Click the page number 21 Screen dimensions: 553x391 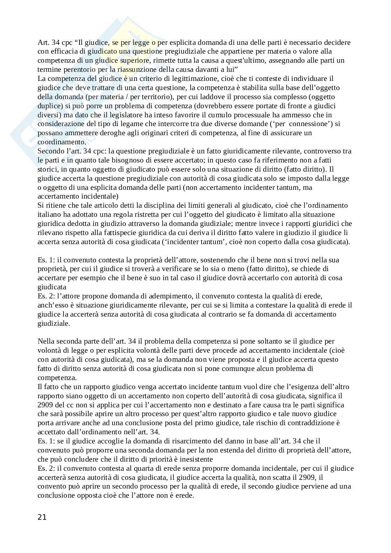pos(42,517)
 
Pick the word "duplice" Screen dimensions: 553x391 pos(49,106)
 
